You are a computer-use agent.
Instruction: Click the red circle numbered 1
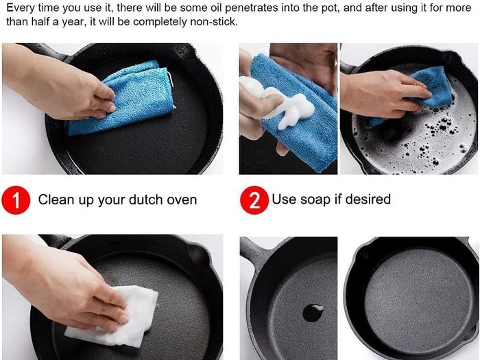[16, 200]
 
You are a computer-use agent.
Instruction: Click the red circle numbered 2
[254, 200]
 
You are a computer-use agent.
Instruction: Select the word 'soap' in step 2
[315, 200]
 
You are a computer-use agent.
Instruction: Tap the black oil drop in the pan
[313, 313]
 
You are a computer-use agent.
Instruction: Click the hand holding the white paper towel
[66, 283]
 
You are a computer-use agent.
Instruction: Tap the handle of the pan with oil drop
[250, 252]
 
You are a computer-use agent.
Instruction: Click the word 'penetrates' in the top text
[251, 8]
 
